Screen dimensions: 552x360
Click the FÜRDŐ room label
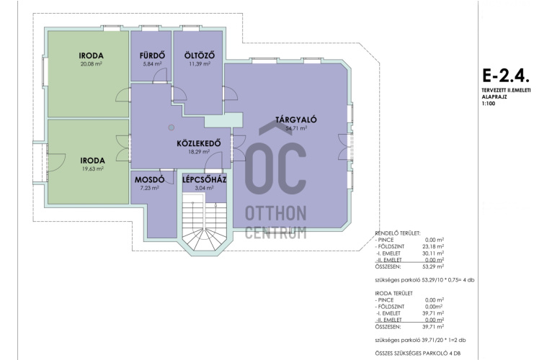click(x=152, y=55)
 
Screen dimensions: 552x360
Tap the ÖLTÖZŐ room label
click(x=200, y=55)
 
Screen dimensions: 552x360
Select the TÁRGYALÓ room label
click(x=296, y=120)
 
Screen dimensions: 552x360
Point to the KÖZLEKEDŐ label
click(x=199, y=143)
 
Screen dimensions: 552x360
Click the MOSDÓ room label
click(x=149, y=180)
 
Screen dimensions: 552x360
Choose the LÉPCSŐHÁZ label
click(x=204, y=180)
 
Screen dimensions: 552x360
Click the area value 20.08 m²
click(x=92, y=64)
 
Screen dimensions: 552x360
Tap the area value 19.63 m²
click(x=92, y=168)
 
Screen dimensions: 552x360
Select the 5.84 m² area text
click(x=152, y=63)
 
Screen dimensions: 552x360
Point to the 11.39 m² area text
click(x=200, y=63)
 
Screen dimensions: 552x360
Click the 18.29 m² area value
click(x=199, y=152)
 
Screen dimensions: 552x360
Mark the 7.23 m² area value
click(x=150, y=188)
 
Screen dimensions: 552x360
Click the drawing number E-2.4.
click(x=506, y=76)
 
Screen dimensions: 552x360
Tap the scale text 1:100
click(x=489, y=104)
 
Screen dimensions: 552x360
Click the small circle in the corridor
click(x=172, y=127)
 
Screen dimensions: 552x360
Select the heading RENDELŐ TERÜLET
click(x=398, y=233)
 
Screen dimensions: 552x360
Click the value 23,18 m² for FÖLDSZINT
click(x=433, y=246)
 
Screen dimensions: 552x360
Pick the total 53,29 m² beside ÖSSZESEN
click(x=433, y=266)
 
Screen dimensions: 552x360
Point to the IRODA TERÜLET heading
click(x=393, y=293)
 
